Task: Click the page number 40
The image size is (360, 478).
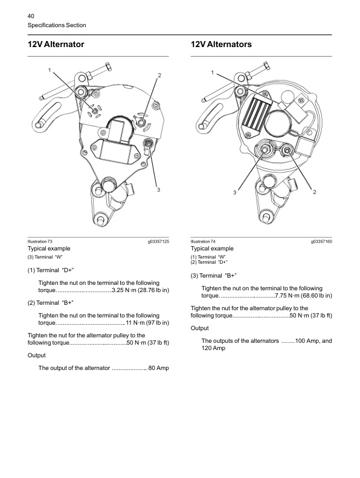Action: click(32, 15)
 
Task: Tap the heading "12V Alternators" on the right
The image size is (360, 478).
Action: click(221, 45)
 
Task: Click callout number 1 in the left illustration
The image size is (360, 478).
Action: click(51, 71)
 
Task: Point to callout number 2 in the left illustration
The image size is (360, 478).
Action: click(159, 75)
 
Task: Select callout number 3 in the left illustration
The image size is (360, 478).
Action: click(158, 190)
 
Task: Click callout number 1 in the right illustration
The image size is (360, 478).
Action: click(212, 73)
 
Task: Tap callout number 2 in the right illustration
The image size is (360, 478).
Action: click(315, 192)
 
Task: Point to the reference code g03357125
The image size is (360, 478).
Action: click(158, 241)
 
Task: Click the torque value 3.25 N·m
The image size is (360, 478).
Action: click(126, 290)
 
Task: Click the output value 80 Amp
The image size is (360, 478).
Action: click(159, 368)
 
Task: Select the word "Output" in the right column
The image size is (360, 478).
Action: click(199, 328)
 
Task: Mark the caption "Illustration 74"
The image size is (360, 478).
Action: click(204, 241)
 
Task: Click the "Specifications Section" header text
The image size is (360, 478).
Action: click(57, 25)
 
